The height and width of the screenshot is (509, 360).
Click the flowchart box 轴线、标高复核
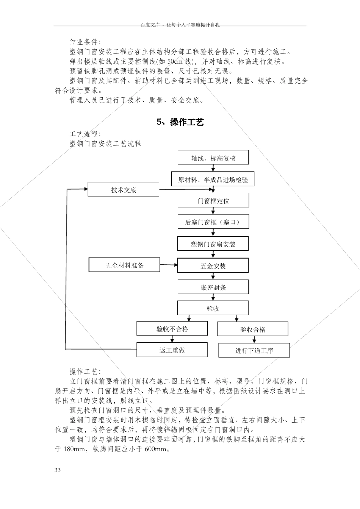pos(213,158)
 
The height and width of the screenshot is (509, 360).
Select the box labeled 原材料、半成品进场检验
pos(213,180)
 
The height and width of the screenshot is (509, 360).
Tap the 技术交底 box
pos(123,189)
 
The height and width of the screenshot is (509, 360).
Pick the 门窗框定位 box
pos(213,200)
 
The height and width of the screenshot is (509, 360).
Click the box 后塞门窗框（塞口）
pos(213,222)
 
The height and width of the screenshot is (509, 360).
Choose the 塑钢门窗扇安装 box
pos(213,244)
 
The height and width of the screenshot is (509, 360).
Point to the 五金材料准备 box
pos(124,265)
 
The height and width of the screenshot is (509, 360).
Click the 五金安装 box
pos(213,266)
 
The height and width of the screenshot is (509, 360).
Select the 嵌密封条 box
pos(213,287)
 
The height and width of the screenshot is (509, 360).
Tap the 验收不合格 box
pos(172,329)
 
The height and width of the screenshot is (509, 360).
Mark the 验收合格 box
pos(252,329)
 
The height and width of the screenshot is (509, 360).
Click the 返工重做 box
pos(172,350)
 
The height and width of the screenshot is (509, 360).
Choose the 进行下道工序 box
pos(254,350)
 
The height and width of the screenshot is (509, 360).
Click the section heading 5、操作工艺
pos(180,122)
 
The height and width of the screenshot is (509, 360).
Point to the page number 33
pos(58,470)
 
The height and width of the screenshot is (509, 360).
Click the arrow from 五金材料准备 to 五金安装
pos(169,265)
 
